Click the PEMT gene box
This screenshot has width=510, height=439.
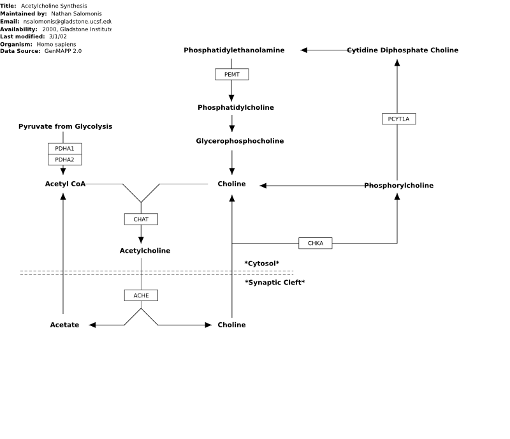[x=232, y=74]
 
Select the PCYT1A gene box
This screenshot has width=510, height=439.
[x=399, y=119]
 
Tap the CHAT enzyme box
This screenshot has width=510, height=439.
[x=141, y=219]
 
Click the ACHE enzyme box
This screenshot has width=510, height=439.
[x=141, y=295]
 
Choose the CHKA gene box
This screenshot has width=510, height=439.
[x=316, y=243]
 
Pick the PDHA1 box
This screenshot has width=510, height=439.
[x=65, y=149]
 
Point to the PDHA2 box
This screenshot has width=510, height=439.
[x=65, y=160]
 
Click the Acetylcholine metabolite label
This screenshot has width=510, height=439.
[x=145, y=251]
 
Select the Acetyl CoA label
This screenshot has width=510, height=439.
[x=66, y=184]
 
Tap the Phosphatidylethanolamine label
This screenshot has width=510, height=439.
[x=234, y=50]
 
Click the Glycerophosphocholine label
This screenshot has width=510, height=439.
[x=240, y=141]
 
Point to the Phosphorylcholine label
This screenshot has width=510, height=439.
[x=399, y=186]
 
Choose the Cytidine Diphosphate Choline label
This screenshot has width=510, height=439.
[x=403, y=50]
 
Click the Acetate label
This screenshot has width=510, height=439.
[x=64, y=325]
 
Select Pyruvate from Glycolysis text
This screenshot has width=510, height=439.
[x=66, y=126]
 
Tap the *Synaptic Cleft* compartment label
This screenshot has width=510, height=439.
[x=275, y=283]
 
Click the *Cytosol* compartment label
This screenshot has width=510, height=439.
[x=262, y=264]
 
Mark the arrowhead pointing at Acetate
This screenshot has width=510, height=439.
[x=92, y=325]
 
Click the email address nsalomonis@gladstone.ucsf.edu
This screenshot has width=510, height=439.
[x=68, y=22]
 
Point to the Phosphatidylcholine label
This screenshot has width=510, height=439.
[x=236, y=107]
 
